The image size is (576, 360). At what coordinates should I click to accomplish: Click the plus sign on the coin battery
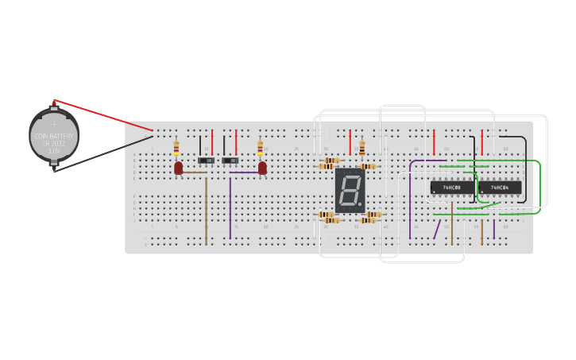(x=54, y=124)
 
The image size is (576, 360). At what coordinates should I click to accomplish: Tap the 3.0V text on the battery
(x=54, y=150)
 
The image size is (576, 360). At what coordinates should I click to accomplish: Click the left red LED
(x=178, y=168)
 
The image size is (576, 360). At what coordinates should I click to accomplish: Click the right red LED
(x=262, y=168)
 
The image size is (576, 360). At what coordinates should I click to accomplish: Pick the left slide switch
(x=206, y=161)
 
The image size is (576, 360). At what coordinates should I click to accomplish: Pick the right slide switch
(x=230, y=161)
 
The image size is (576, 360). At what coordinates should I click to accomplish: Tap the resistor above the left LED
(x=176, y=148)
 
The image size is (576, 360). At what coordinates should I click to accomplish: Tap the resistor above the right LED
(x=260, y=148)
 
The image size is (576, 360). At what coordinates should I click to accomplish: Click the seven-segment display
(x=350, y=190)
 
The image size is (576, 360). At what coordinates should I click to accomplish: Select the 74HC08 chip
(x=451, y=188)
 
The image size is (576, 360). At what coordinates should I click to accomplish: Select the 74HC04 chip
(x=500, y=188)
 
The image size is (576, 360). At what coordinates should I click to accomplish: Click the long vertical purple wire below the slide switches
(x=230, y=207)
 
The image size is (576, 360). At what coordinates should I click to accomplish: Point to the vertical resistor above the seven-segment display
(x=362, y=149)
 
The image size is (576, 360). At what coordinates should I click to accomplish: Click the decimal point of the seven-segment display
(x=360, y=204)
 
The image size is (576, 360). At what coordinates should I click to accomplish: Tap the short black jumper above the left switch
(x=200, y=144)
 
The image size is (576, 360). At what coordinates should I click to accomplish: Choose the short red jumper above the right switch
(x=236, y=142)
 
